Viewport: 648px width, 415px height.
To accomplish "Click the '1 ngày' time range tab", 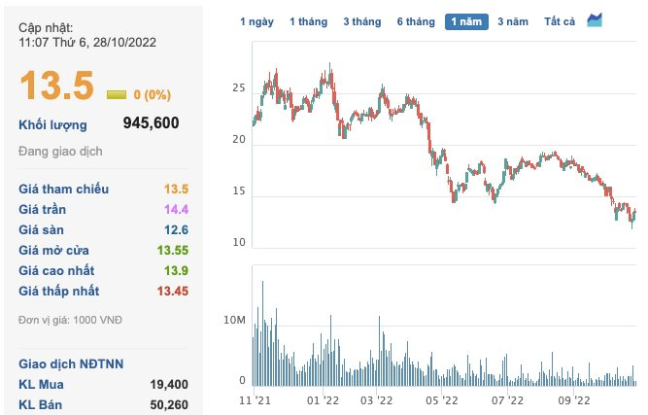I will [256, 21].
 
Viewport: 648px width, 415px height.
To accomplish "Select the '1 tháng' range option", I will [308, 21].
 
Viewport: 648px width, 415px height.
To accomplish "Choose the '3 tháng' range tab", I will [361, 21].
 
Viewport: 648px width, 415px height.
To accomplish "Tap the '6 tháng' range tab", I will [415, 21].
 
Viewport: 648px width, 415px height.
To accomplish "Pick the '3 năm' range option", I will [513, 21].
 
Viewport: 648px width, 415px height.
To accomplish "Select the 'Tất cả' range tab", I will [561, 21].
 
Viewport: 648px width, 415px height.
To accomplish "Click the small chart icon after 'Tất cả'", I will [595, 20].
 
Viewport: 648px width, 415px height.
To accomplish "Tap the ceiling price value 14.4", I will [176, 209].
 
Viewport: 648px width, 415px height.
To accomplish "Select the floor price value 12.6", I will [176, 229].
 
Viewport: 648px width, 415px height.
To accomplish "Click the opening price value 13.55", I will [172, 250].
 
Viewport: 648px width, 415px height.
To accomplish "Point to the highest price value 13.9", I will [176, 270].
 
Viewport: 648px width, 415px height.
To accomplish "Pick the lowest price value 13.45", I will [172, 291].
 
